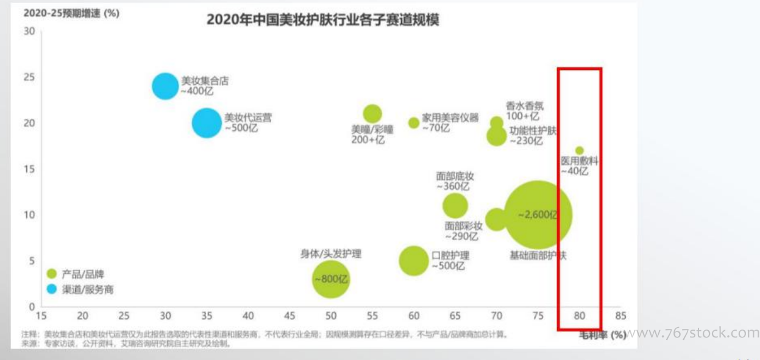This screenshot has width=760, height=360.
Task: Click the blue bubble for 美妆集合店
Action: coord(165,86)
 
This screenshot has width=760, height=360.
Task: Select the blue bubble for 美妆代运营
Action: coord(207,123)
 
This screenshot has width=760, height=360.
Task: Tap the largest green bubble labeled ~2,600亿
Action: coord(538,214)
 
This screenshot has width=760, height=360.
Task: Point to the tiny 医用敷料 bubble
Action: coord(579,150)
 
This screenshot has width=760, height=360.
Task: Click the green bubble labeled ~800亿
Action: coord(331,280)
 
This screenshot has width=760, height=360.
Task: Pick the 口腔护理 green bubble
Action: coord(414,261)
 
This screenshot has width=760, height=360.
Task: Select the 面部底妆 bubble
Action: coord(455,206)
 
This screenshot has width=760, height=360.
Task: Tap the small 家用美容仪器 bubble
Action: coord(414,122)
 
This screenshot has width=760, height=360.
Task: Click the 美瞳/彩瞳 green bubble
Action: coord(372,113)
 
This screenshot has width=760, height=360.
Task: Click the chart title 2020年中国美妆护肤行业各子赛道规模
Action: coord(323,20)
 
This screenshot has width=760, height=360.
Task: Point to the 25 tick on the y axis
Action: coord(29,77)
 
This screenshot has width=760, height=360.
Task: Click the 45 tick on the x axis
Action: coord(289,316)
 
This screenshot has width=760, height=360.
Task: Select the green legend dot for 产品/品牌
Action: coord(52,274)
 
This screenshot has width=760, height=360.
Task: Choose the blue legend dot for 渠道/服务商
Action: coord(52,289)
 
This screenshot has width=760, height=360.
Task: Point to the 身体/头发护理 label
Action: coord(330,254)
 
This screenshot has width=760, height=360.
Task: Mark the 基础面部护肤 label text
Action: coord(538,255)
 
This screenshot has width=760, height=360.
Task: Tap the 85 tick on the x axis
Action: coord(620,316)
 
